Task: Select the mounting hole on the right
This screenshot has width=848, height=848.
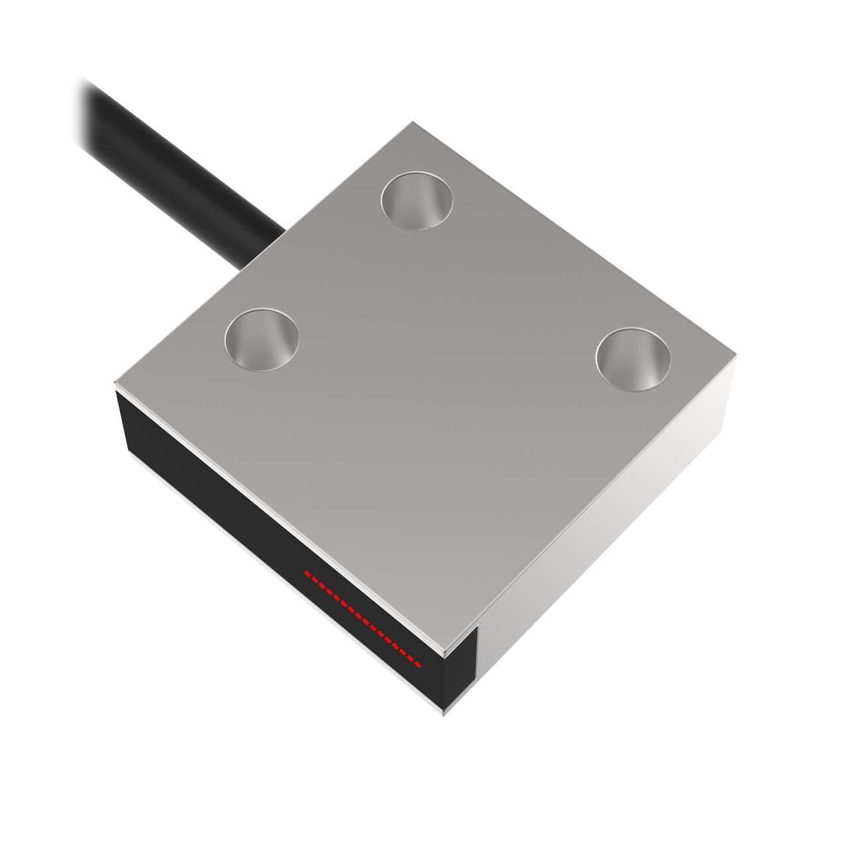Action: click(x=633, y=358)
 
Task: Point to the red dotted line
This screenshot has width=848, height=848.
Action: click(x=362, y=617)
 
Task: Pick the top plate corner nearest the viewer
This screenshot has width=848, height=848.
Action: click(x=445, y=653)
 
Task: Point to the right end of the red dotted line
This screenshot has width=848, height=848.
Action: click(x=419, y=662)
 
